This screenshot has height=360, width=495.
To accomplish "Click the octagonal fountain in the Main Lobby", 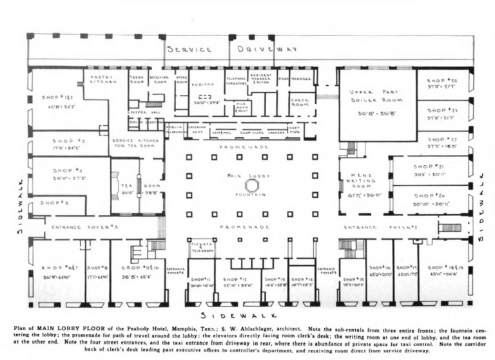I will click(x=252, y=185).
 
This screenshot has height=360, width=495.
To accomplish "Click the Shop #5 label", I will click(x=55, y=203).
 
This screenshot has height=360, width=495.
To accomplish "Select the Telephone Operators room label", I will click(x=237, y=81).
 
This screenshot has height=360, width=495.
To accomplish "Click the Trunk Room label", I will click(x=137, y=79).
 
